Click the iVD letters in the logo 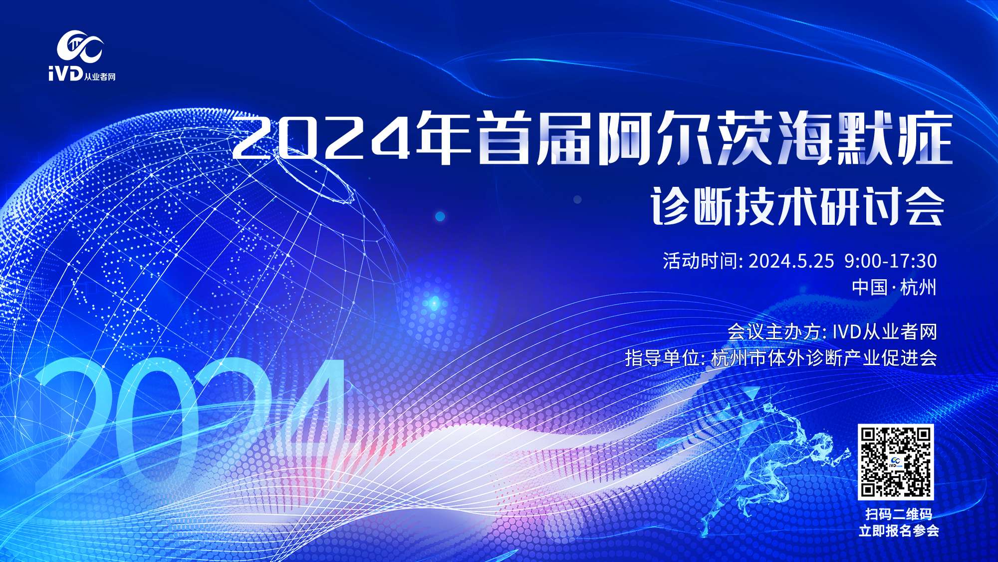65,75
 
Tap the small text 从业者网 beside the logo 100,77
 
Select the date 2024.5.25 791,261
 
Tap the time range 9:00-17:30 891,261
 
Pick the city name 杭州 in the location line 919,287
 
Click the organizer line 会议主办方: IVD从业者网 832,332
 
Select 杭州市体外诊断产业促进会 824,358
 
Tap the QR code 896,462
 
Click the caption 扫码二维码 898,514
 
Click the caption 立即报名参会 898,531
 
